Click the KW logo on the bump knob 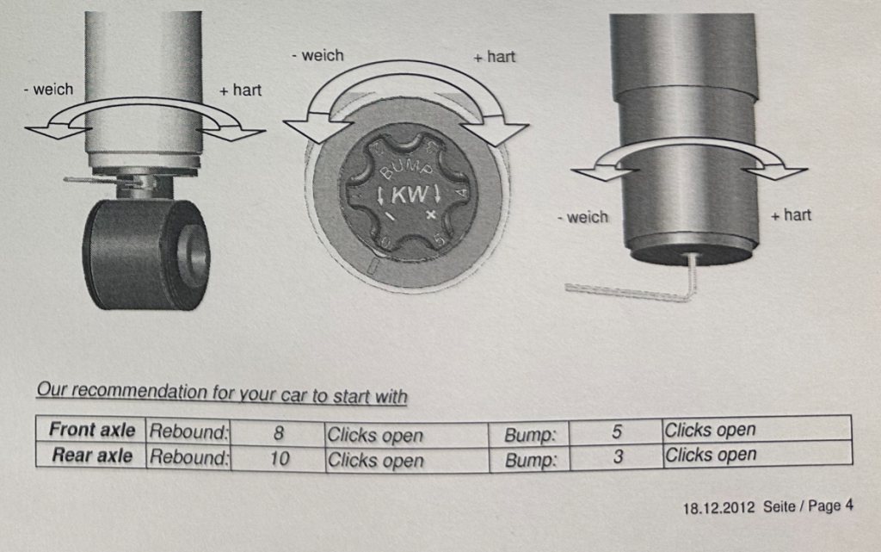coord(409,195)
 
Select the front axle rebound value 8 coord(278,433)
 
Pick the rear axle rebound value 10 coord(280,459)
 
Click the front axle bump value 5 coord(616,431)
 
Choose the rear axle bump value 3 coord(618,456)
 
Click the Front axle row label coord(91,430)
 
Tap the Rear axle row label coord(92,456)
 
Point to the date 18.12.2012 coord(718,508)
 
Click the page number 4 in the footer coord(848,505)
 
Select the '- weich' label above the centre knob coord(317,56)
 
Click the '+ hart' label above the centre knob coord(495,57)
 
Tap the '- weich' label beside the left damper coord(49,90)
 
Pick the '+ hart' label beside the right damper coord(792,215)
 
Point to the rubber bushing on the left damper coord(146,254)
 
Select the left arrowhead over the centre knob coord(308,128)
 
